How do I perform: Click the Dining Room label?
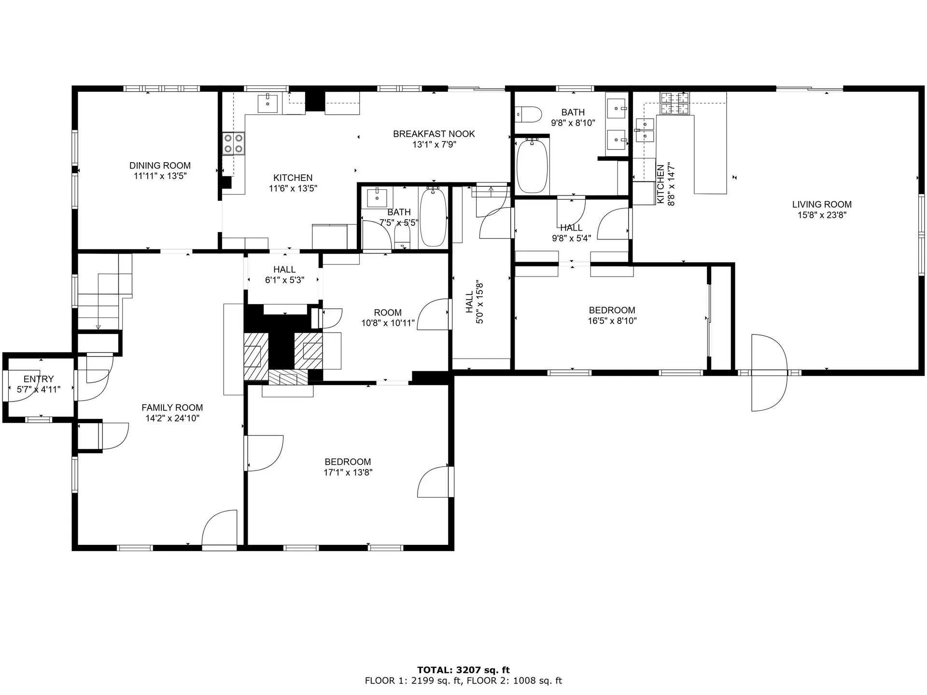pyautogui.click(x=160, y=166)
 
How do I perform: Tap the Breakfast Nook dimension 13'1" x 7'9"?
pyautogui.click(x=434, y=144)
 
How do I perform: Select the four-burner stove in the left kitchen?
pyautogui.click(x=233, y=143)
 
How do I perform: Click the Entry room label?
pyautogui.click(x=39, y=379)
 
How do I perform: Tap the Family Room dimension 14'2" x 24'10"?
pyautogui.click(x=172, y=418)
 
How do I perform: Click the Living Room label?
pyautogui.click(x=821, y=204)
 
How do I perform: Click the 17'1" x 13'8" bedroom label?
pyautogui.click(x=348, y=462)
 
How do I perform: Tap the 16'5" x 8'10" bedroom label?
pyautogui.click(x=612, y=310)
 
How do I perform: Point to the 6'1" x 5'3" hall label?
pyautogui.click(x=284, y=269)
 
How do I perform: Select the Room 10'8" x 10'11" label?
pyautogui.click(x=388, y=312)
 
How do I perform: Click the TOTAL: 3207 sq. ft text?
pyautogui.click(x=463, y=670)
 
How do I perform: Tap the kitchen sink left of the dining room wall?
pyautogui.click(x=267, y=103)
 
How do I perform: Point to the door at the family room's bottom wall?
pyautogui.click(x=219, y=530)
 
